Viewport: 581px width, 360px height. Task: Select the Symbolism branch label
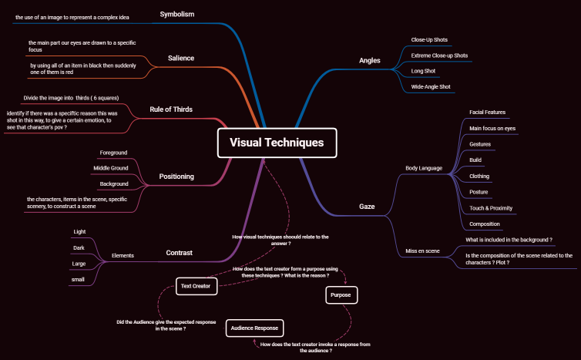click(x=176, y=14)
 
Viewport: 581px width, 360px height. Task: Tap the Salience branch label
click(x=181, y=58)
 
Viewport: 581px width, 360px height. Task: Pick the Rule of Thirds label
click(x=171, y=109)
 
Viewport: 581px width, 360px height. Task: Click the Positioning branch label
click(x=176, y=177)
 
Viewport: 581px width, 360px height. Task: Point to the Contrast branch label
click(x=180, y=252)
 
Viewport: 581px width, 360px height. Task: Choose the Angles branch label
click(x=370, y=60)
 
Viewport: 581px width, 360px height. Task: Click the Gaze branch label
click(x=367, y=206)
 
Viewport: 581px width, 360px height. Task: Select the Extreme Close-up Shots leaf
click(x=439, y=56)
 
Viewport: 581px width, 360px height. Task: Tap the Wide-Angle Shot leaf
click(x=430, y=86)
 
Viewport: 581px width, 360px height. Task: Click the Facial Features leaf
click(x=487, y=113)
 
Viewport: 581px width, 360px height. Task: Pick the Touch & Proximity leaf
click(x=491, y=208)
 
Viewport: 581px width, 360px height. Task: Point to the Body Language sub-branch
click(x=424, y=167)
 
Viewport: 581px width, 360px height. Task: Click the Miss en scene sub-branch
click(x=422, y=251)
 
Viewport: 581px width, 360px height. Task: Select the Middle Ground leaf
click(x=111, y=168)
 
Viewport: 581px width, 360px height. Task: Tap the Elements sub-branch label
click(x=123, y=254)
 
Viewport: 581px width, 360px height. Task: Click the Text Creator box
click(x=196, y=286)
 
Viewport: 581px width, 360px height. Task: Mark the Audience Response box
click(x=255, y=328)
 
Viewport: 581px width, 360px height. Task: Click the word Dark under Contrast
click(x=79, y=247)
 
